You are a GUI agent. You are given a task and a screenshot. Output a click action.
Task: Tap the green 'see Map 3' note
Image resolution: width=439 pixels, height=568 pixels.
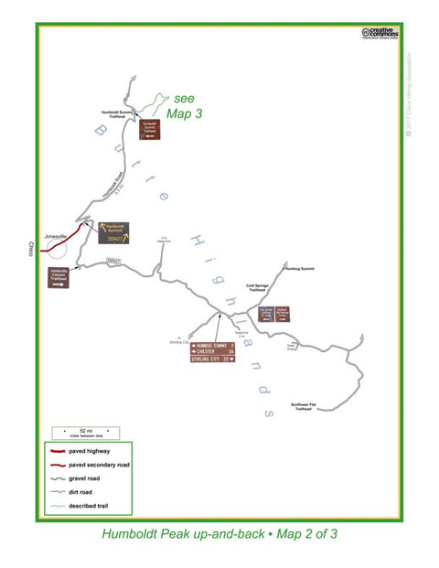pos(182,106)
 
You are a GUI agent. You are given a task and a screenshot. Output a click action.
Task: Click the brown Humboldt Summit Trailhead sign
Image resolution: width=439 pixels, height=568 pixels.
pos(151,130)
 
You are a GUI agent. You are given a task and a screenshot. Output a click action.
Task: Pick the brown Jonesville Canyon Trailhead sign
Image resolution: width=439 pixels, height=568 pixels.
pos(59,277)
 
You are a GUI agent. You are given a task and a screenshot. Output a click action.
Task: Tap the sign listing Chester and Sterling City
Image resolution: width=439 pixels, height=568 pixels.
pos(212,352)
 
